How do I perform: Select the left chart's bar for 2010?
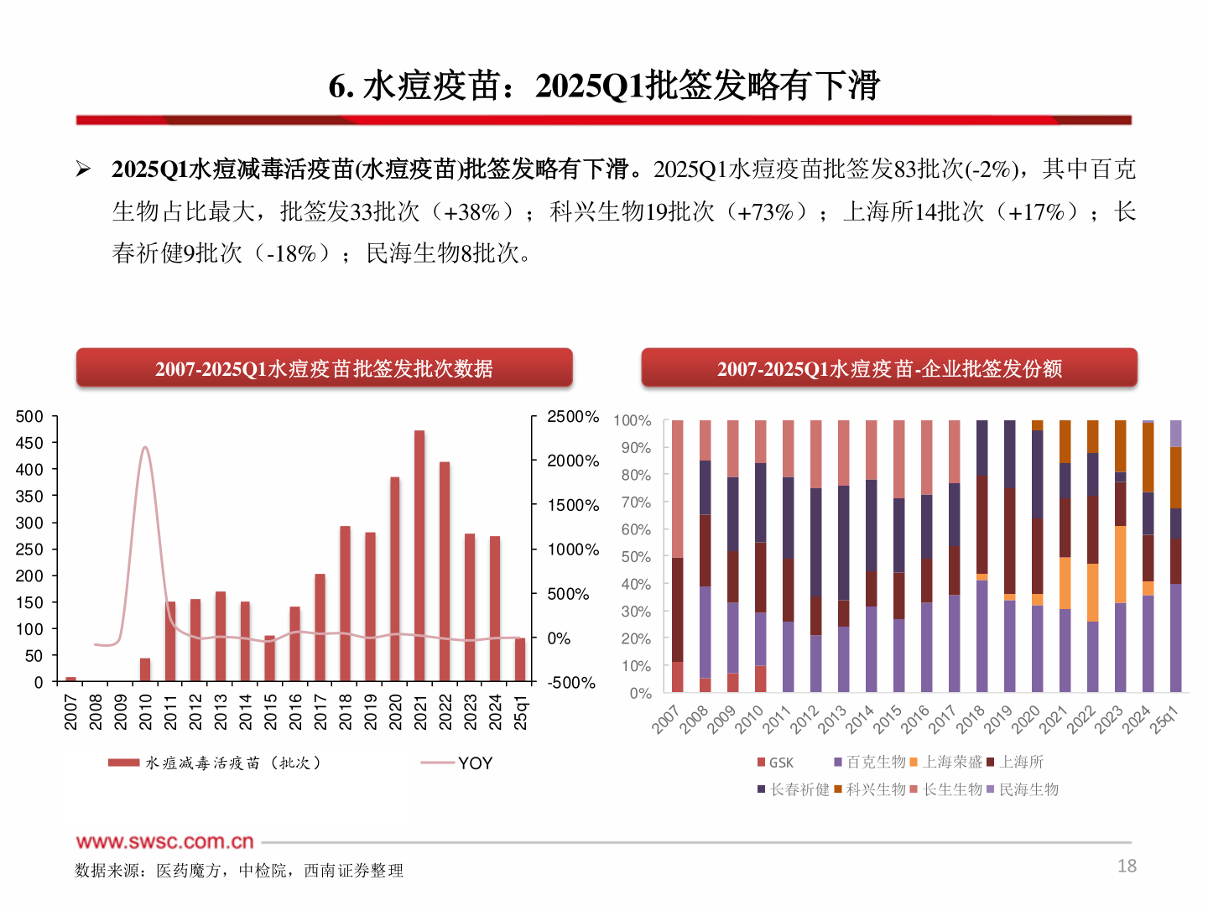pyautogui.click(x=145, y=669)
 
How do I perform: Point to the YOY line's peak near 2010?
pyautogui.click(x=145, y=448)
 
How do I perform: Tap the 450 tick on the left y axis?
pyautogui.click(x=29, y=443)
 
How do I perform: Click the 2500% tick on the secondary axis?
pyautogui.click(x=573, y=417)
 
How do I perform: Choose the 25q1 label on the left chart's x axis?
pyautogui.click(x=521, y=713)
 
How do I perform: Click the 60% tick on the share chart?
pyautogui.click(x=636, y=529)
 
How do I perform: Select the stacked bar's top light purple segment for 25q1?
pyautogui.click(x=1176, y=433)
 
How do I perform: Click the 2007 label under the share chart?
pyautogui.click(x=665, y=720)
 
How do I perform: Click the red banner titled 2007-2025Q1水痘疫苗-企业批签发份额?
pyautogui.click(x=889, y=368)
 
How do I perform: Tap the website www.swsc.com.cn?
pyautogui.click(x=165, y=841)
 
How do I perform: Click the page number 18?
pyautogui.click(x=1127, y=866)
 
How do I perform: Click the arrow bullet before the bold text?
pyautogui.click(x=83, y=169)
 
